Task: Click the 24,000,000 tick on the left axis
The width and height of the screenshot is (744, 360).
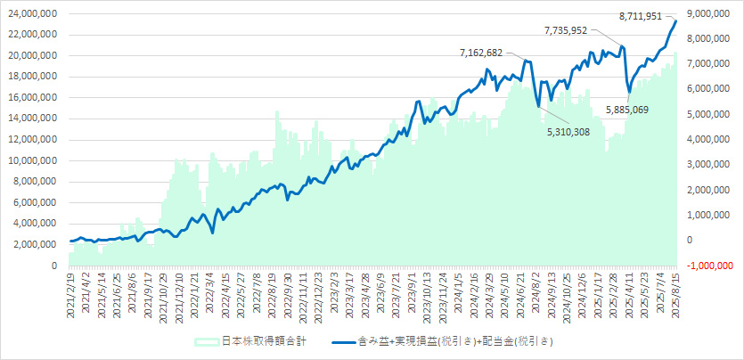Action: [32, 14]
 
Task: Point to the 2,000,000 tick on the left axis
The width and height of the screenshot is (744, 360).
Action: [36, 244]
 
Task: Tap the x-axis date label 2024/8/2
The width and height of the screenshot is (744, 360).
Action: [539, 294]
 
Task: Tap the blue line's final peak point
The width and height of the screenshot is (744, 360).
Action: [675, 20]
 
